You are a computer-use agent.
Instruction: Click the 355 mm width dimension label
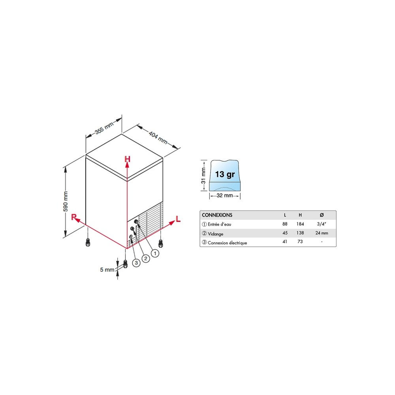104,128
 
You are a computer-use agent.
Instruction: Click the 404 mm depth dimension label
158,137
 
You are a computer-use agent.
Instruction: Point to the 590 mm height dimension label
66,201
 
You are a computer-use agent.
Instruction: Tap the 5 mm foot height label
107,269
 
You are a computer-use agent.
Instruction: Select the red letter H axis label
128,159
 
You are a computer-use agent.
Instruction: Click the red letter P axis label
73,217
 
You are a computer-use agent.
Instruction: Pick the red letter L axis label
178,219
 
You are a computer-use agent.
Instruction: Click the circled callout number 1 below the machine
155,253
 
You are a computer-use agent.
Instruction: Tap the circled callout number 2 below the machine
146,258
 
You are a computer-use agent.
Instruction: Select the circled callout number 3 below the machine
136,263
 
